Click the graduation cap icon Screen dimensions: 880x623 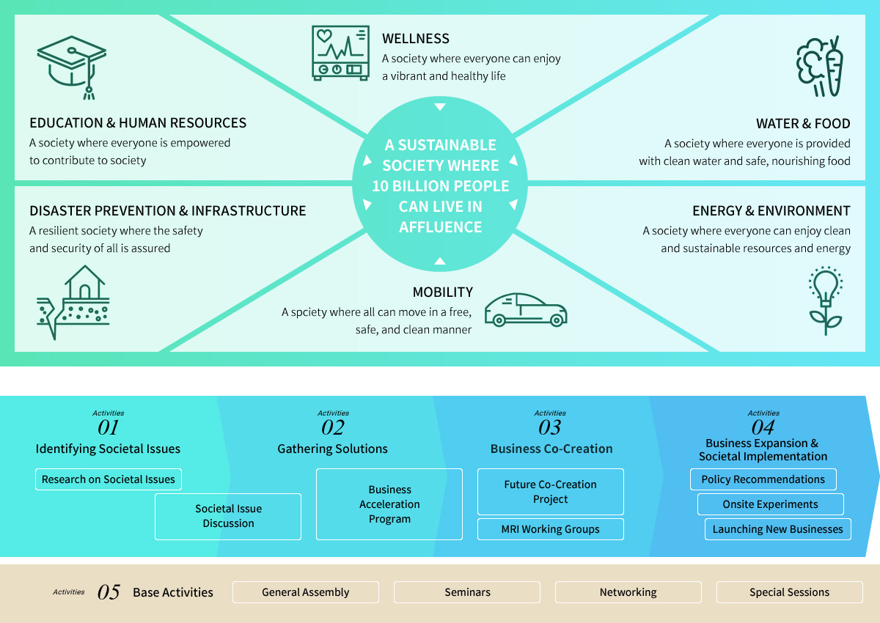coord(72,67)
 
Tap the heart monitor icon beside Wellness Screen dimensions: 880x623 coord(340,53)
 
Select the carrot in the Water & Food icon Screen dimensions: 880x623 coord(834,67)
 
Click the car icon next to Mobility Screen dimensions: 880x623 coord(526,310)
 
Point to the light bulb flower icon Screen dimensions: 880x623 coord(826,301)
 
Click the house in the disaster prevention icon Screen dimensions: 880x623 coord(85,282)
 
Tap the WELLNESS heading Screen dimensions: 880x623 coord(416,38)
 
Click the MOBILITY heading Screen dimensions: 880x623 coord(443,292)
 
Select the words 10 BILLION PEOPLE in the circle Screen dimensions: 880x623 coord(441,186)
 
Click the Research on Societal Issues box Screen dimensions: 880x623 coord(109,479)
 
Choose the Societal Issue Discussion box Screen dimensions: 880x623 coord(228,517)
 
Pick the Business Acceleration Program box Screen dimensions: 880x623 coord(389,504)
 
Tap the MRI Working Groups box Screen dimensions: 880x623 coord(551,529)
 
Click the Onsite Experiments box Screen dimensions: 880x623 coord(771,504)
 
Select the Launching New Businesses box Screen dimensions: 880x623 coord(778,529)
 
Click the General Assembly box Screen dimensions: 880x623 coord(306,592)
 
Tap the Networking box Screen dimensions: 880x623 coord(628,592)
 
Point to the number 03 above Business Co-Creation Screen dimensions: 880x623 coord(549,427)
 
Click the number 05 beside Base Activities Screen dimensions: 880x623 coord(109,592)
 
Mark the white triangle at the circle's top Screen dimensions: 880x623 coord(440,107)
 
